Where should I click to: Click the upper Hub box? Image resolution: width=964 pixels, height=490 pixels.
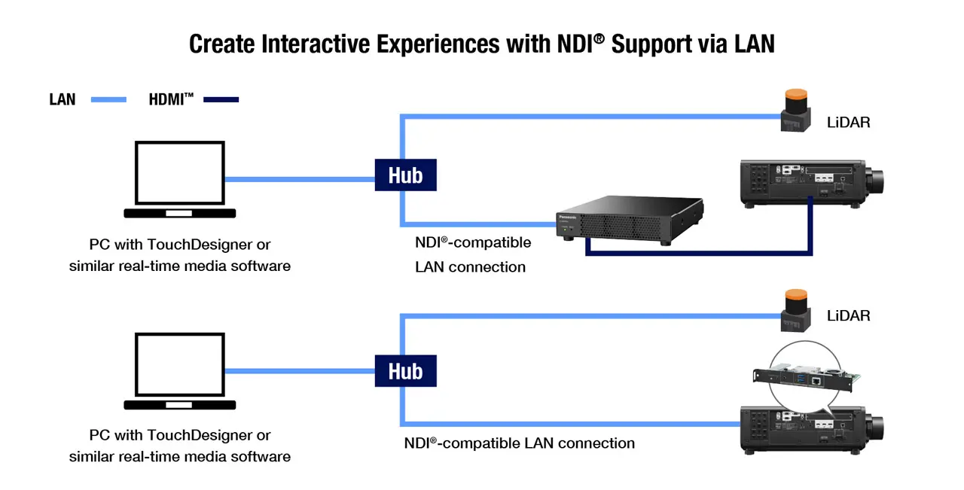coord(405,175)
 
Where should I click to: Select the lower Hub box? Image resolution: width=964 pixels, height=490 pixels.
coord(405,371)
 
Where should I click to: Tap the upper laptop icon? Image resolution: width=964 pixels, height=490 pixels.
coord(179,179)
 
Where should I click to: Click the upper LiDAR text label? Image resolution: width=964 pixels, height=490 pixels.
coord(848,122)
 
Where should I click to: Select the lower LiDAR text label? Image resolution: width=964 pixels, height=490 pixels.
coord(848,315)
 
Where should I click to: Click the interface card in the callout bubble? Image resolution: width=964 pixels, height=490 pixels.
coord(806,379)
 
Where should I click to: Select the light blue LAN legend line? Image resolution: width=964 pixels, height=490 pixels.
coord(108,99)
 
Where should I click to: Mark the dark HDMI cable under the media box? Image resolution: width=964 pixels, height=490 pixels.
coord(700,254)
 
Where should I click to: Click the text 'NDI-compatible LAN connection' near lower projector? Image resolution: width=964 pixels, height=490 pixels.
coord(520,443)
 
